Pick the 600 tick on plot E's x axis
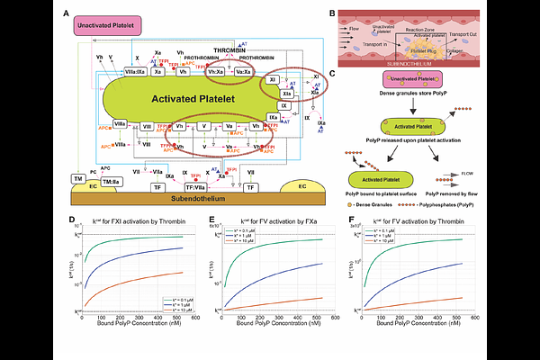[335, 318]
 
